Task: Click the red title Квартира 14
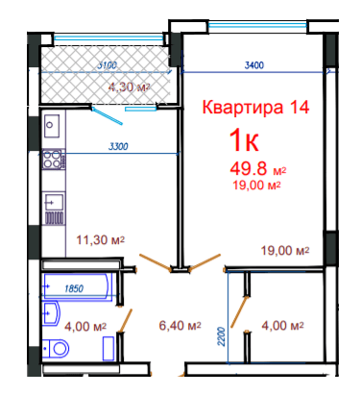click(x=255, y=107)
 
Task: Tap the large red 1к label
click(x=244, y=140)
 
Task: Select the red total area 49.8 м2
click(x=258, y=168)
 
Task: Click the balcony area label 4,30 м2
click(x=130, y=86)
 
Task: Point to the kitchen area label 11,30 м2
click(x=101, y=239)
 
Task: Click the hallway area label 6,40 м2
click(x=180, y=326)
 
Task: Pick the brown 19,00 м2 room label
click(x=285, y=250)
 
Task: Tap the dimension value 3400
click(x=254, y=65)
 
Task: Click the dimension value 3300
click(x=118, y=147)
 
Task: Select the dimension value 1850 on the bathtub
click(x=74, y=288)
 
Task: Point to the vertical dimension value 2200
click(x=221, y=336)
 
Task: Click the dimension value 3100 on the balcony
click(x=107, y=65)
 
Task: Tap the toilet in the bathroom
click(x=56, y=348)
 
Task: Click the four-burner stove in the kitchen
click(x=53, y=160)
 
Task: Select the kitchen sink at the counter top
click(x=52, y=126)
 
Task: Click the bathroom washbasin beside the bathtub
click(x=51, y=313)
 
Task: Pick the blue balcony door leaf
click(x=107, y=116)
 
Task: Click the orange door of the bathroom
click(x=125, y=321)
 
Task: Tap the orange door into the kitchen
click(x=156, y=262)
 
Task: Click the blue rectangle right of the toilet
click(x=108, y=349)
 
